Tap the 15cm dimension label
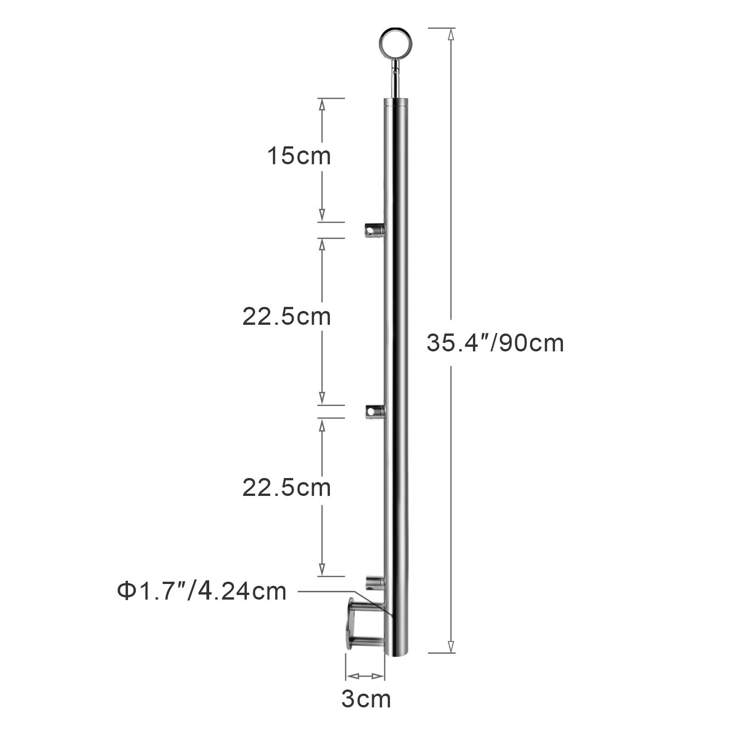299,156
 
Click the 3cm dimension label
366,699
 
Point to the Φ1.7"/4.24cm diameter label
201,591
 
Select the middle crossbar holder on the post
374,411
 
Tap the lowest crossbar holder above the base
374,583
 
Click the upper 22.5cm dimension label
287,317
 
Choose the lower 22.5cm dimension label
287,488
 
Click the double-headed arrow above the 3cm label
365,676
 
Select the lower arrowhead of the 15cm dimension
322,216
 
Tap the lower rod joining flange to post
368,641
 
